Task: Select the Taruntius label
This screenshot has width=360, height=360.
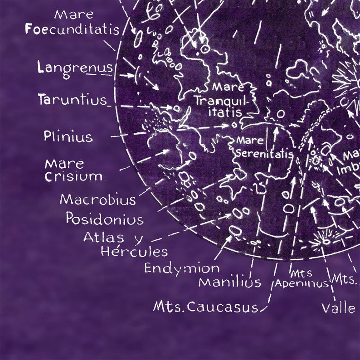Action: click(72, 99)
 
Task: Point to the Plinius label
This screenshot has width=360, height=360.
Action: click(68, 136)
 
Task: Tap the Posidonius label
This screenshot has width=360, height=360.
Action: click(104, 219)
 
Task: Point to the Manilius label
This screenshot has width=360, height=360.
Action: click(230, 282)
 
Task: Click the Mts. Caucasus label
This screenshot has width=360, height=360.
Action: click(205, 307)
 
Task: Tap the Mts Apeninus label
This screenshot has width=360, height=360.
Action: click(302, 278)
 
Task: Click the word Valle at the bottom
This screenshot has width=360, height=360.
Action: click(338, 308)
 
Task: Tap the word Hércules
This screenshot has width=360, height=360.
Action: click(134, 251)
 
